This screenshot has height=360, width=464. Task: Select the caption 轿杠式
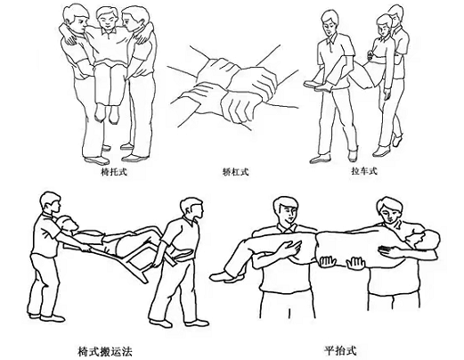click(x=234, y=167)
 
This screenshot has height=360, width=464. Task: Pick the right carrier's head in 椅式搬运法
click(x=191, y=209)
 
